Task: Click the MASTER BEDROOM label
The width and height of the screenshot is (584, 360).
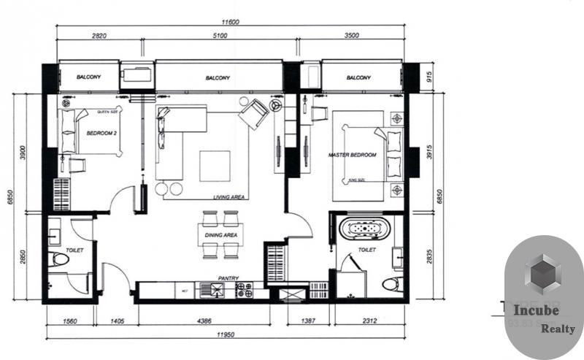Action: point(353,155)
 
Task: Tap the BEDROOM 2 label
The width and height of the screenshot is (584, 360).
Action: point(101,134)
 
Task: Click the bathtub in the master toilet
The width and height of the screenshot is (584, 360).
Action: point(364,229)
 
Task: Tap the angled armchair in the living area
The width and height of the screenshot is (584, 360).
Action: point(253,113)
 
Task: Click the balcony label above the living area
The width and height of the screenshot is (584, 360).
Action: point(218,77)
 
